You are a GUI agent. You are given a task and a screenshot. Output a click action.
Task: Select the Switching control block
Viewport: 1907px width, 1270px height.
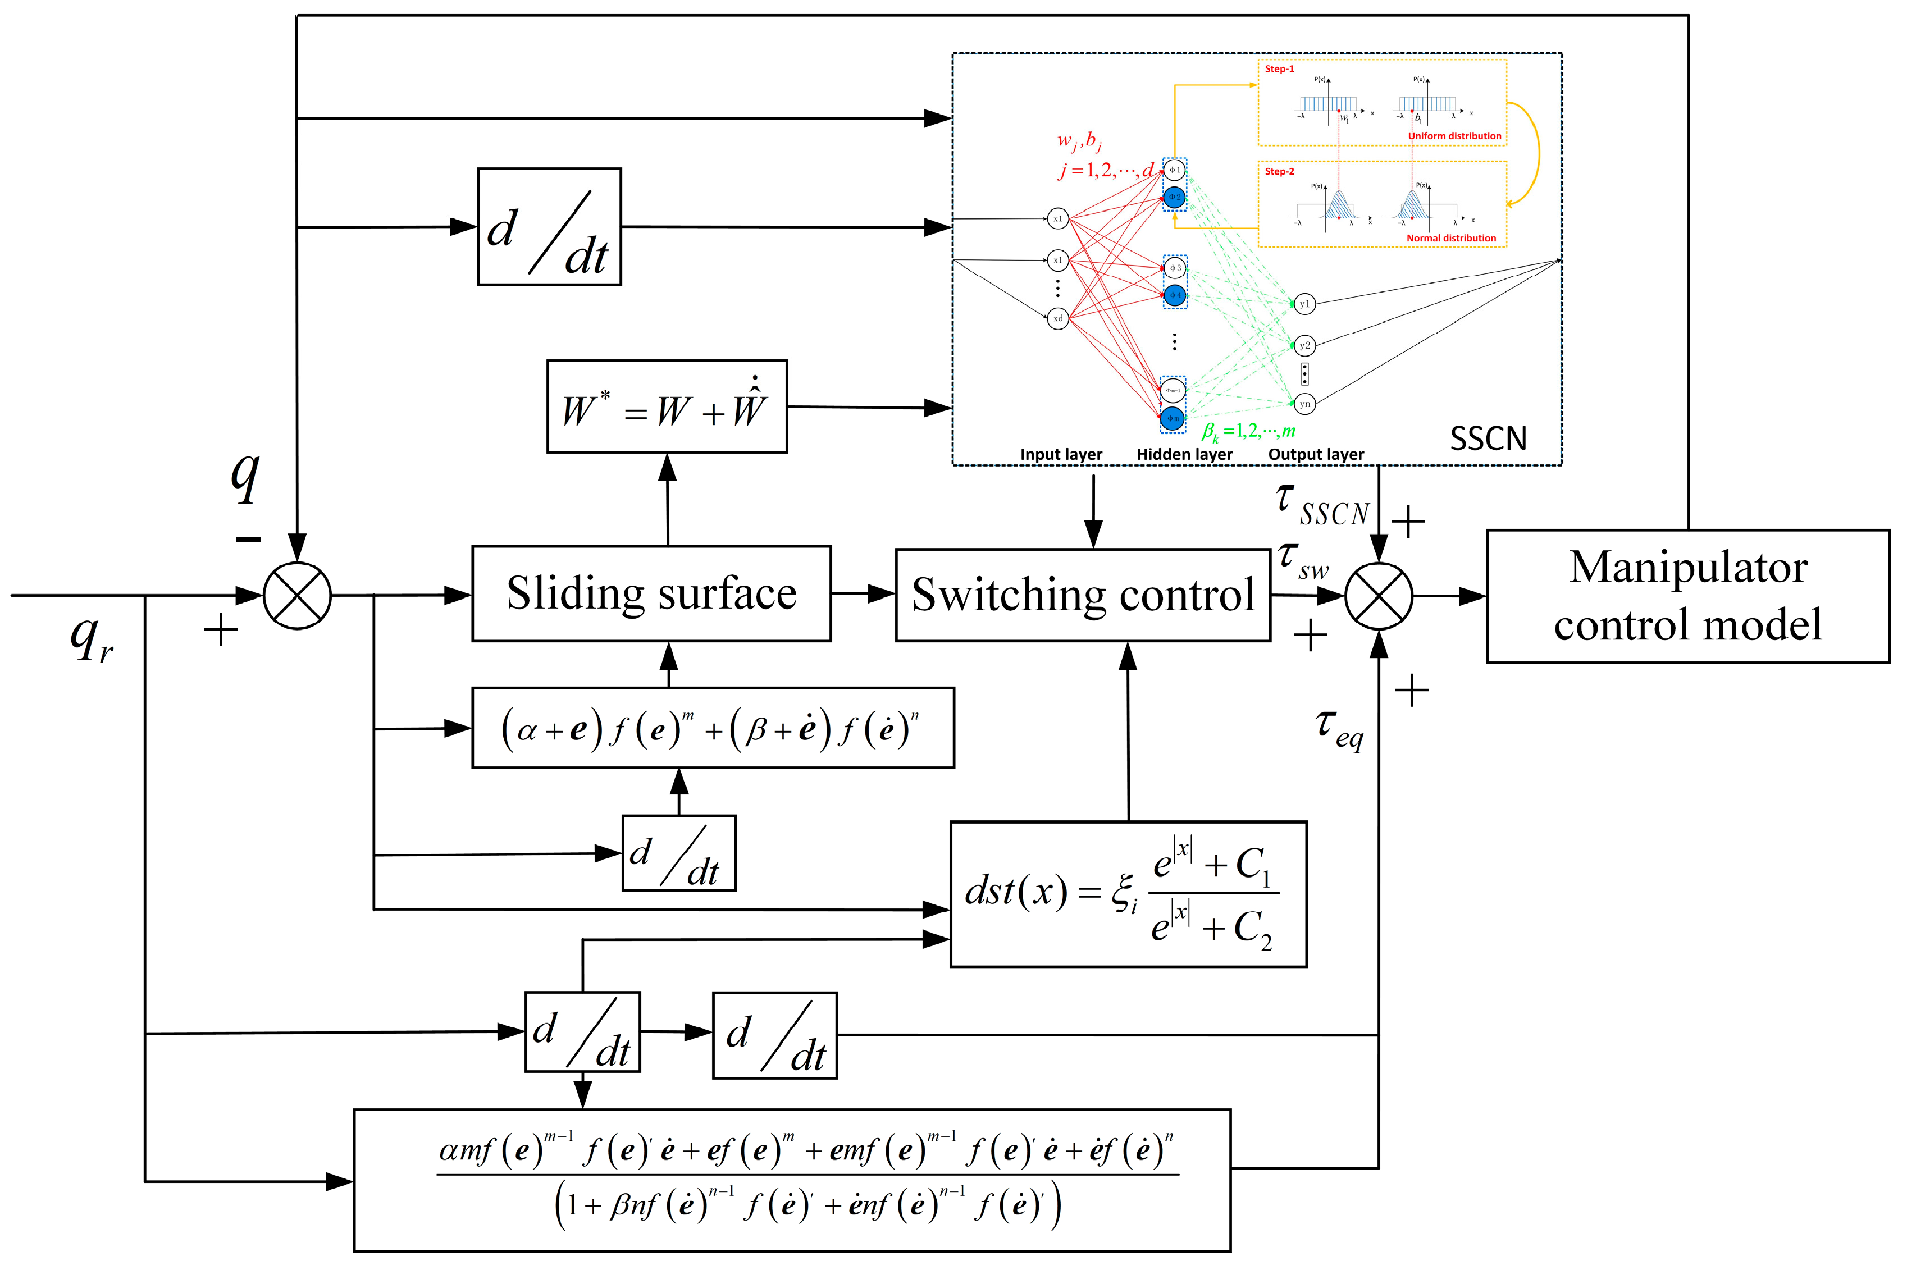pos(1082,595)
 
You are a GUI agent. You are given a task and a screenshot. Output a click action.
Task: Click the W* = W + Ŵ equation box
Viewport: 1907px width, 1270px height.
pos(666,406)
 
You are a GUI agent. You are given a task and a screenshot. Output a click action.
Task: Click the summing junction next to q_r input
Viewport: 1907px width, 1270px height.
pos(297,595)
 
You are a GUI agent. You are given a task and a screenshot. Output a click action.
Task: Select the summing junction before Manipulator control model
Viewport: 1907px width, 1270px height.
pos(1378,596)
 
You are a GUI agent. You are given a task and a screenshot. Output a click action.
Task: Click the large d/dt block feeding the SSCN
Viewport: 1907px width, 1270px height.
pos(549,227)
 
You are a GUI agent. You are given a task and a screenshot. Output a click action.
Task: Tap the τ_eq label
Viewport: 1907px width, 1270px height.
pos(1338,727)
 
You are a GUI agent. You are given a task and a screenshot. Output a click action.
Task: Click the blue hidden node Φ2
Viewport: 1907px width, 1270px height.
pos(1174,197)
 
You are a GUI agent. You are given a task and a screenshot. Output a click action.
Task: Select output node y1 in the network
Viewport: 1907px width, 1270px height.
pos(1303,304)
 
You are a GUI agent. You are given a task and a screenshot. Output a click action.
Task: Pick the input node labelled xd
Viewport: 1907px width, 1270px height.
pos(1057,318)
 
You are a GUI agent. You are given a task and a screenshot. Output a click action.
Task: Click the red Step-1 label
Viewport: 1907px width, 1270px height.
pos(1279,70)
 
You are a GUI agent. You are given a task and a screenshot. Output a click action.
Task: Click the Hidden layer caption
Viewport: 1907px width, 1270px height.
pos(1184,454)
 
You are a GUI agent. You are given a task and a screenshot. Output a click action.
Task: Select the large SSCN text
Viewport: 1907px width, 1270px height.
pos(1488,439)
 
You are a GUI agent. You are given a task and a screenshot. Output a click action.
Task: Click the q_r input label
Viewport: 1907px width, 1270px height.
pos(91,640)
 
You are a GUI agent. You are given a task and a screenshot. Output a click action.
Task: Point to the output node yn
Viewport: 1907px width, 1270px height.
pos(1303,403)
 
